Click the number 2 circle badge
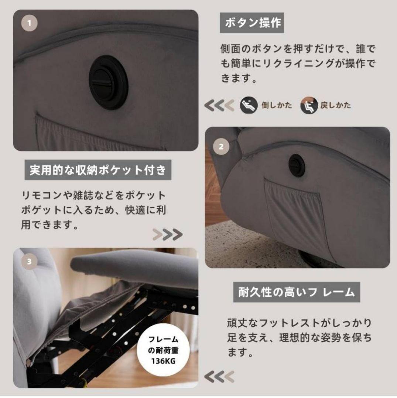point(221,147)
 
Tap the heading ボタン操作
point(253,23)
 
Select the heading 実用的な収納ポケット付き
point(99,171)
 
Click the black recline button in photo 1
point(108,82)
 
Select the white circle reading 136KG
point(163,350)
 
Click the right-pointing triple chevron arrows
point(168,234)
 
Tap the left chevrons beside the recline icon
point(219,105)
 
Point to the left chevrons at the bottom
point(219,376)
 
